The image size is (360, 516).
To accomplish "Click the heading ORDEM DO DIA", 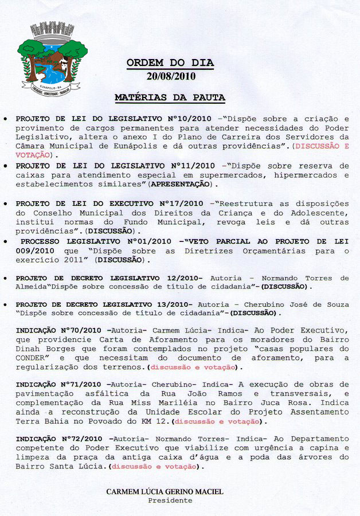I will [x=170, y=63].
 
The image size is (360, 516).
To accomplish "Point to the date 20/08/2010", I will [x=170, y=75].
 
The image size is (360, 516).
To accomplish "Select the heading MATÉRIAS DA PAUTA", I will [x=170, y=97].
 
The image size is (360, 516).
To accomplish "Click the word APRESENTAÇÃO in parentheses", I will [x=180, y=185].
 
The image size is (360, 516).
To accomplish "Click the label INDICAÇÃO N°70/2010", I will [x=58, y=331].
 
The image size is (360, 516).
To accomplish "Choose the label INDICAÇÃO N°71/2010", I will [x=58, y=384].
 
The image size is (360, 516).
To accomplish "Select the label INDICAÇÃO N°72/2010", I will [x=58, y=439].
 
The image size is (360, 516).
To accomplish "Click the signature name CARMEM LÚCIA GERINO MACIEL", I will [x=165, y=492].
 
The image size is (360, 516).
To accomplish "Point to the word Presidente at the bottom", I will [x=170, y=501].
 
